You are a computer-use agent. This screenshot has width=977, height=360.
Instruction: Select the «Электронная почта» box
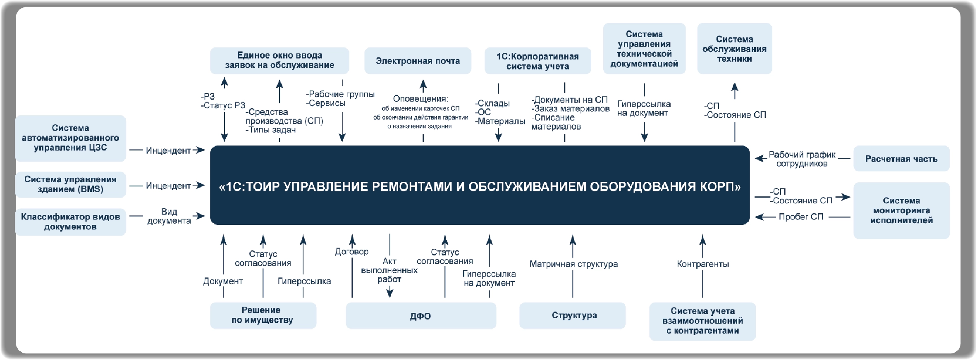point(418,61)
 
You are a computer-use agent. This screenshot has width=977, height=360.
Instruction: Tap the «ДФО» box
point(420,316)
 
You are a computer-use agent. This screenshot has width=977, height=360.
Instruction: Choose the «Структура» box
point(574,315)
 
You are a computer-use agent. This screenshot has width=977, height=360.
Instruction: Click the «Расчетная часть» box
point(901,159)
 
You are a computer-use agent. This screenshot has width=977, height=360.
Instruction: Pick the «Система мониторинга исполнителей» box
point(901,210)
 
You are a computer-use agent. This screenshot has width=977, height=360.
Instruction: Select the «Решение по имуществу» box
point(263,315)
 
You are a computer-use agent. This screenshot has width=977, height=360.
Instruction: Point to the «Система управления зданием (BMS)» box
point(70,184)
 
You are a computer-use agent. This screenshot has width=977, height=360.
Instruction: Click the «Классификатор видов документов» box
point(70,222)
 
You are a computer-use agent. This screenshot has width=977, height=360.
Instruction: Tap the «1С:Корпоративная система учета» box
point(537,61)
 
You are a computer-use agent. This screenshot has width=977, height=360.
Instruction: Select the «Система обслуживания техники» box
point(734,49)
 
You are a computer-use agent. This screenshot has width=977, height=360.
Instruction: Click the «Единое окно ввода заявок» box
point(279,60)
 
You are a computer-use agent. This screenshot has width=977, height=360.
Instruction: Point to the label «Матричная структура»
point(573,264)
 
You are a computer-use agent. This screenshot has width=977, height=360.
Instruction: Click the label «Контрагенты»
point(702,264)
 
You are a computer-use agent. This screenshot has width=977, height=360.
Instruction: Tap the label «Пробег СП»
point(801,217)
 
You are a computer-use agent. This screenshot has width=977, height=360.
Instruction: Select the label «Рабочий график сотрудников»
point(802,159)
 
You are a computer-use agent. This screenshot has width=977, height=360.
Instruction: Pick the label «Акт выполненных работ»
point(389,270)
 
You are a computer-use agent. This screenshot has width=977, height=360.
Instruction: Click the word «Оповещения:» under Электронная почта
point(420,99)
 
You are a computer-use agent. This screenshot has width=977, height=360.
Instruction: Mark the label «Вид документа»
point(169,216)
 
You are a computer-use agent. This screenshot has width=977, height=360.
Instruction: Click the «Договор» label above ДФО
point(351,252)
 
